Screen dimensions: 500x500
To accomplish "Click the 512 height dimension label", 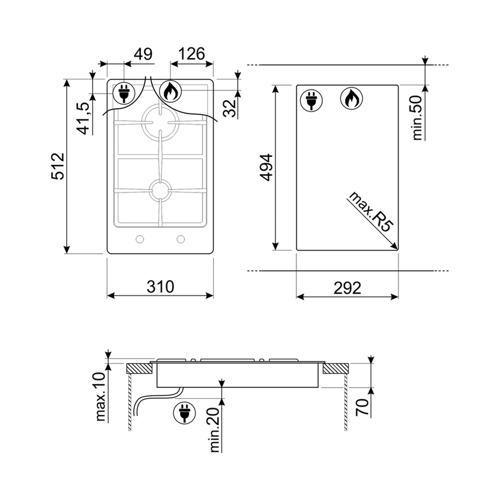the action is [x=57, y=166].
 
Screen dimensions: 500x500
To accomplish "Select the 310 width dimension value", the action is [x=160, y=287].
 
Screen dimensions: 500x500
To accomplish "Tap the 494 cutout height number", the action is [x=266, y=167].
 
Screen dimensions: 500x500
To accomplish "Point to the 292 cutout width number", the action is [x=347, y=288].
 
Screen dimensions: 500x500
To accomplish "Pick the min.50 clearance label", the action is [x=417, y=118].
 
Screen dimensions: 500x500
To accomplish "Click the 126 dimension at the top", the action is [x=191, y=54].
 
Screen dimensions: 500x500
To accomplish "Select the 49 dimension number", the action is [x=143, y=54].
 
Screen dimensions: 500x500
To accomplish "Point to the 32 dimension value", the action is [x=230, y=108].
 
